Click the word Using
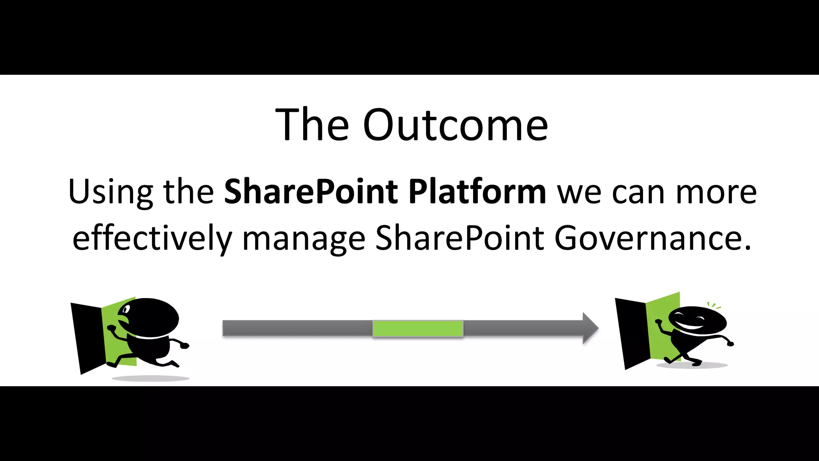[110, 192]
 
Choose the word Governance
[652, 238]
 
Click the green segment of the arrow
[418, 329]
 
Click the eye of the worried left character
[126, 309]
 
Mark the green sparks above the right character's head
[713, 306]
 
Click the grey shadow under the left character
[150, 378]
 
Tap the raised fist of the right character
[658, 321]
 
